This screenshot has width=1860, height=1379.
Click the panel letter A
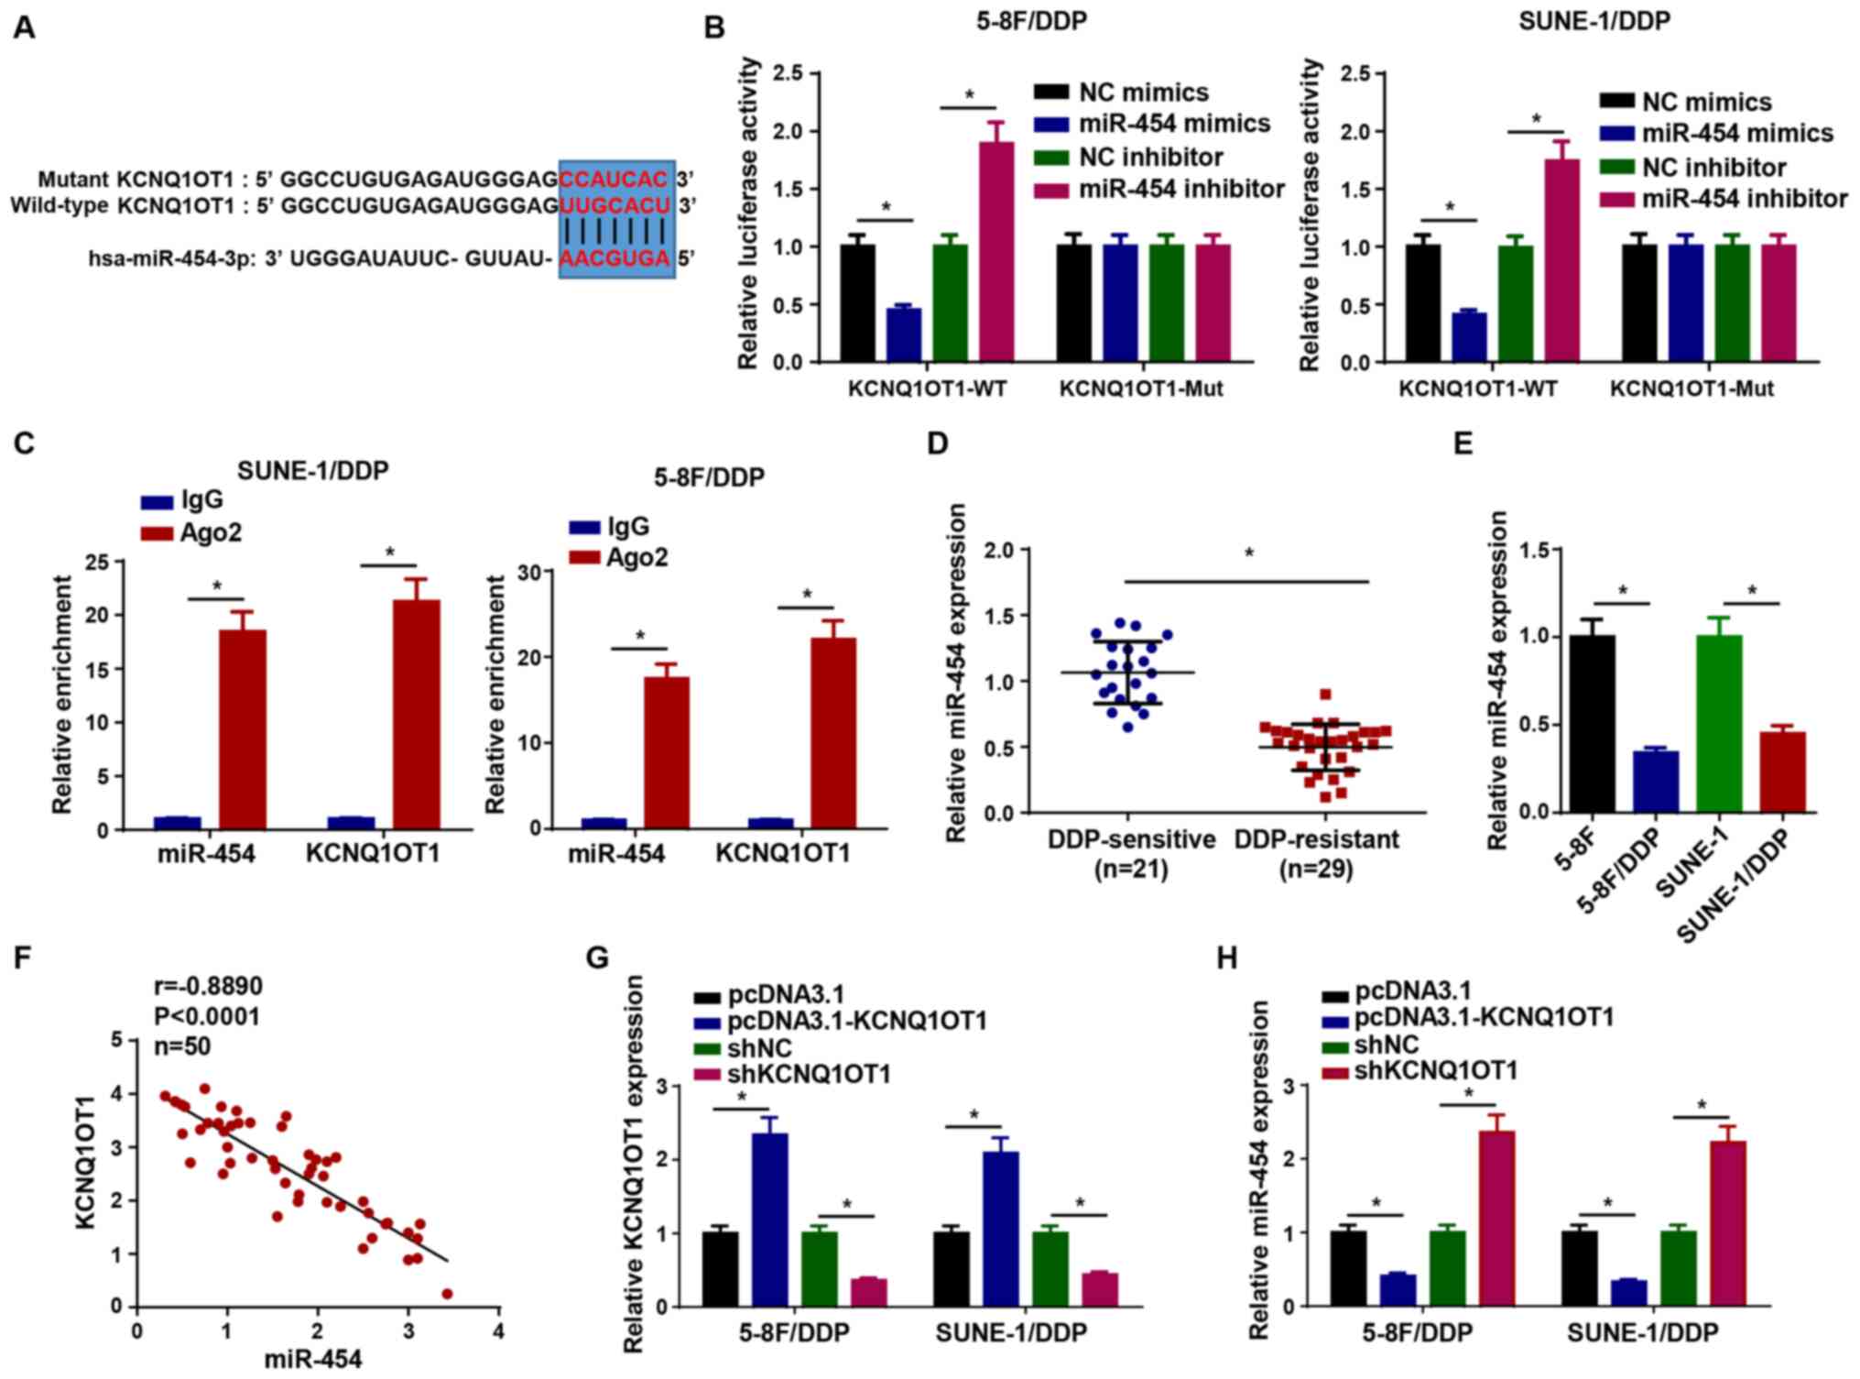click(24, 28)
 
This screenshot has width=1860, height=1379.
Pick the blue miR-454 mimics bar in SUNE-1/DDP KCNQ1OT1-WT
click(1469, 337)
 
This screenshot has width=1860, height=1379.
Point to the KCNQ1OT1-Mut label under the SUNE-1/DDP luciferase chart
click(1691, 389)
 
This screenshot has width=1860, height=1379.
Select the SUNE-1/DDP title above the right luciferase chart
click(1594, 21)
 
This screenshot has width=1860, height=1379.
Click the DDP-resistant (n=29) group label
click(1316, 853)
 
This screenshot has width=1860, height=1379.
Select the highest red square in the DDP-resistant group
click(1325, 695)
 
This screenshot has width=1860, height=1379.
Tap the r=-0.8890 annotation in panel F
click(207, 986)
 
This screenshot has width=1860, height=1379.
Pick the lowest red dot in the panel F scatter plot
click(447, 1293)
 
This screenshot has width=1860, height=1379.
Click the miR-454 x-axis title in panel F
click(313, 1359)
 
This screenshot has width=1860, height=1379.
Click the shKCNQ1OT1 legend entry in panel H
click(1436, 1069)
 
